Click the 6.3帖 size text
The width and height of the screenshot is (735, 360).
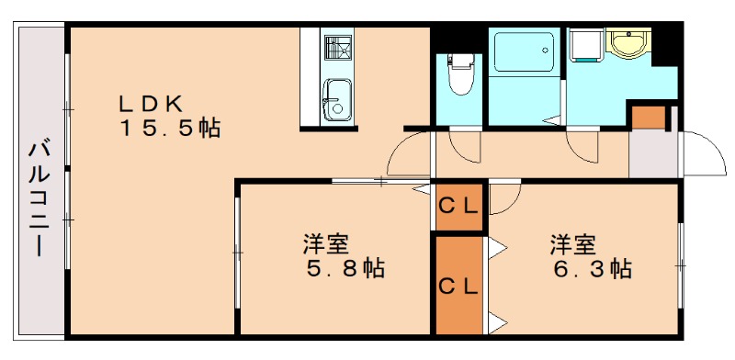(x=592, y=269)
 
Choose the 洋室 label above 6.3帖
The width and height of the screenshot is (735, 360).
(x=572, y=244)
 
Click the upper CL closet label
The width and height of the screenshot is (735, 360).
(x=458, y=206)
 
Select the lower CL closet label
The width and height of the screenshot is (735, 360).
(x=458, y=286)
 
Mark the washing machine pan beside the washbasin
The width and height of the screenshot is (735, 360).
(x=584, y=46)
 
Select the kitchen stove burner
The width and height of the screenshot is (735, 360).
(x=336, y=45)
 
